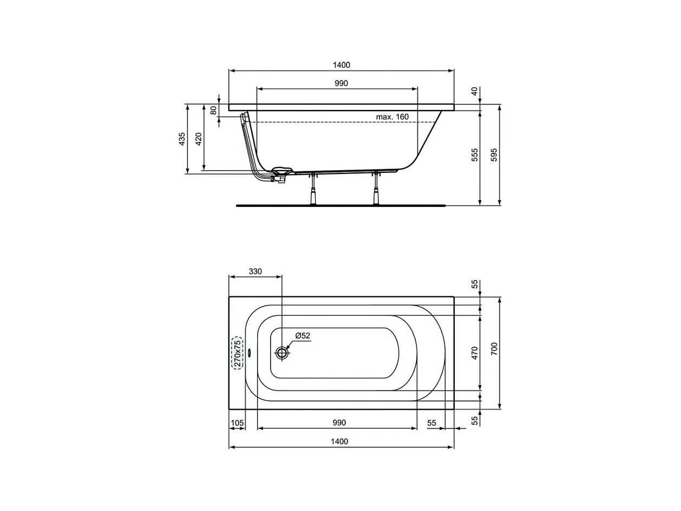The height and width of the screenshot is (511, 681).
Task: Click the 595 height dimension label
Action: click(494, 155)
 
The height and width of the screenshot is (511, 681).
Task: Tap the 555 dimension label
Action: click(475, 155)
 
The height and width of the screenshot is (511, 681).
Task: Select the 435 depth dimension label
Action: click(182, 139)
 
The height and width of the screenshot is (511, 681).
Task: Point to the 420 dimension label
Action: click(199, 139)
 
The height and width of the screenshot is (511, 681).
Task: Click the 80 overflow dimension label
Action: click(213, 110)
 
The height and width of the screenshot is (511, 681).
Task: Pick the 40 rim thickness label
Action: click(475, 91)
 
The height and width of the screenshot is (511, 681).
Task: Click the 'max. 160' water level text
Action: click(392, 117)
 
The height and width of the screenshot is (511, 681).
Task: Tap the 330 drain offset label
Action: click(255, 271)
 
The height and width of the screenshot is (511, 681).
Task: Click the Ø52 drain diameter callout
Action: click(303, 335)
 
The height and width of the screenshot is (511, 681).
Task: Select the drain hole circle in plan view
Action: click(281, 353)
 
